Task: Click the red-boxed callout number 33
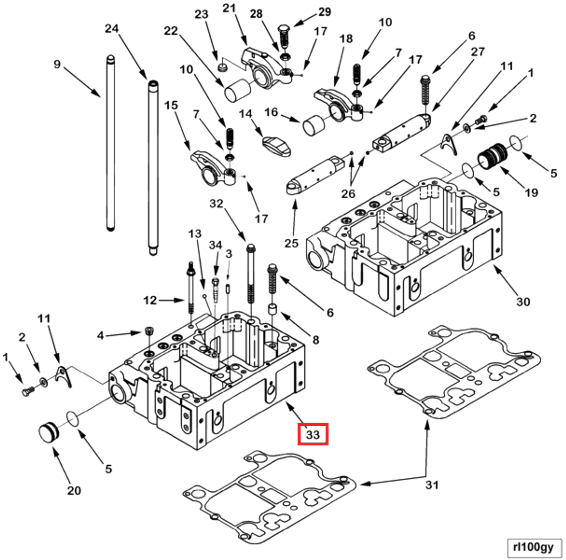(x=313, y=434)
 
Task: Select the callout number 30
(x=523, y=301)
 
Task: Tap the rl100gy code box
(x=533, y=547)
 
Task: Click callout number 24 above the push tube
(x=112, y=29)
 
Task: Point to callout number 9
(x=57, y=64)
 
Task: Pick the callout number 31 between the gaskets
(x=432, y=485)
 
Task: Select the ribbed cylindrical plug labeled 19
(x=492, y=157)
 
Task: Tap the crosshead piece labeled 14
(x=276, y=146)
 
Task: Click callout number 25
(x=291, y=243)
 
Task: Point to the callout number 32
(x=216, y=204)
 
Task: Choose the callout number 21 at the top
(x=229, y=8)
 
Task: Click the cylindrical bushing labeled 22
(x=237, y=90)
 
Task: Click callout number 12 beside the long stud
(x=150, y=300)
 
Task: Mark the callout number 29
(x=325, y=12)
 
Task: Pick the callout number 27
(x=478, y=52)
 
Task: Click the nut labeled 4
(x=149, y=331)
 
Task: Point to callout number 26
(x=348, y=194)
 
